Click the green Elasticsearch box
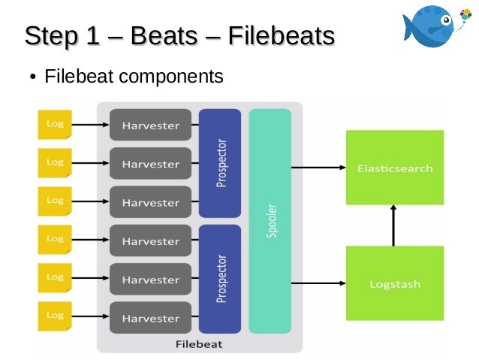(x=394, y=168)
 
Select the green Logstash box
(x=394, y=283)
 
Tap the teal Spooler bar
(x=270, y=221)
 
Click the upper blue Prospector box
(x=220, y=163)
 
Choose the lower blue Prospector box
(x=220, y=279)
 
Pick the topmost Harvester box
(x=150, y=125)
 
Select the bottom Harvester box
(x=150, y=318)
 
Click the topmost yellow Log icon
(x=55, y=125)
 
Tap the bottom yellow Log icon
(x=55, y=316)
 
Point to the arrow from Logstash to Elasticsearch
(x=394, y=225)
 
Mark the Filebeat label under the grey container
(x=198, y=345)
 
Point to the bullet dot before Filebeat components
(x=33, y=77)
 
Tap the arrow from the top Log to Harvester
(x=90, y=125)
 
